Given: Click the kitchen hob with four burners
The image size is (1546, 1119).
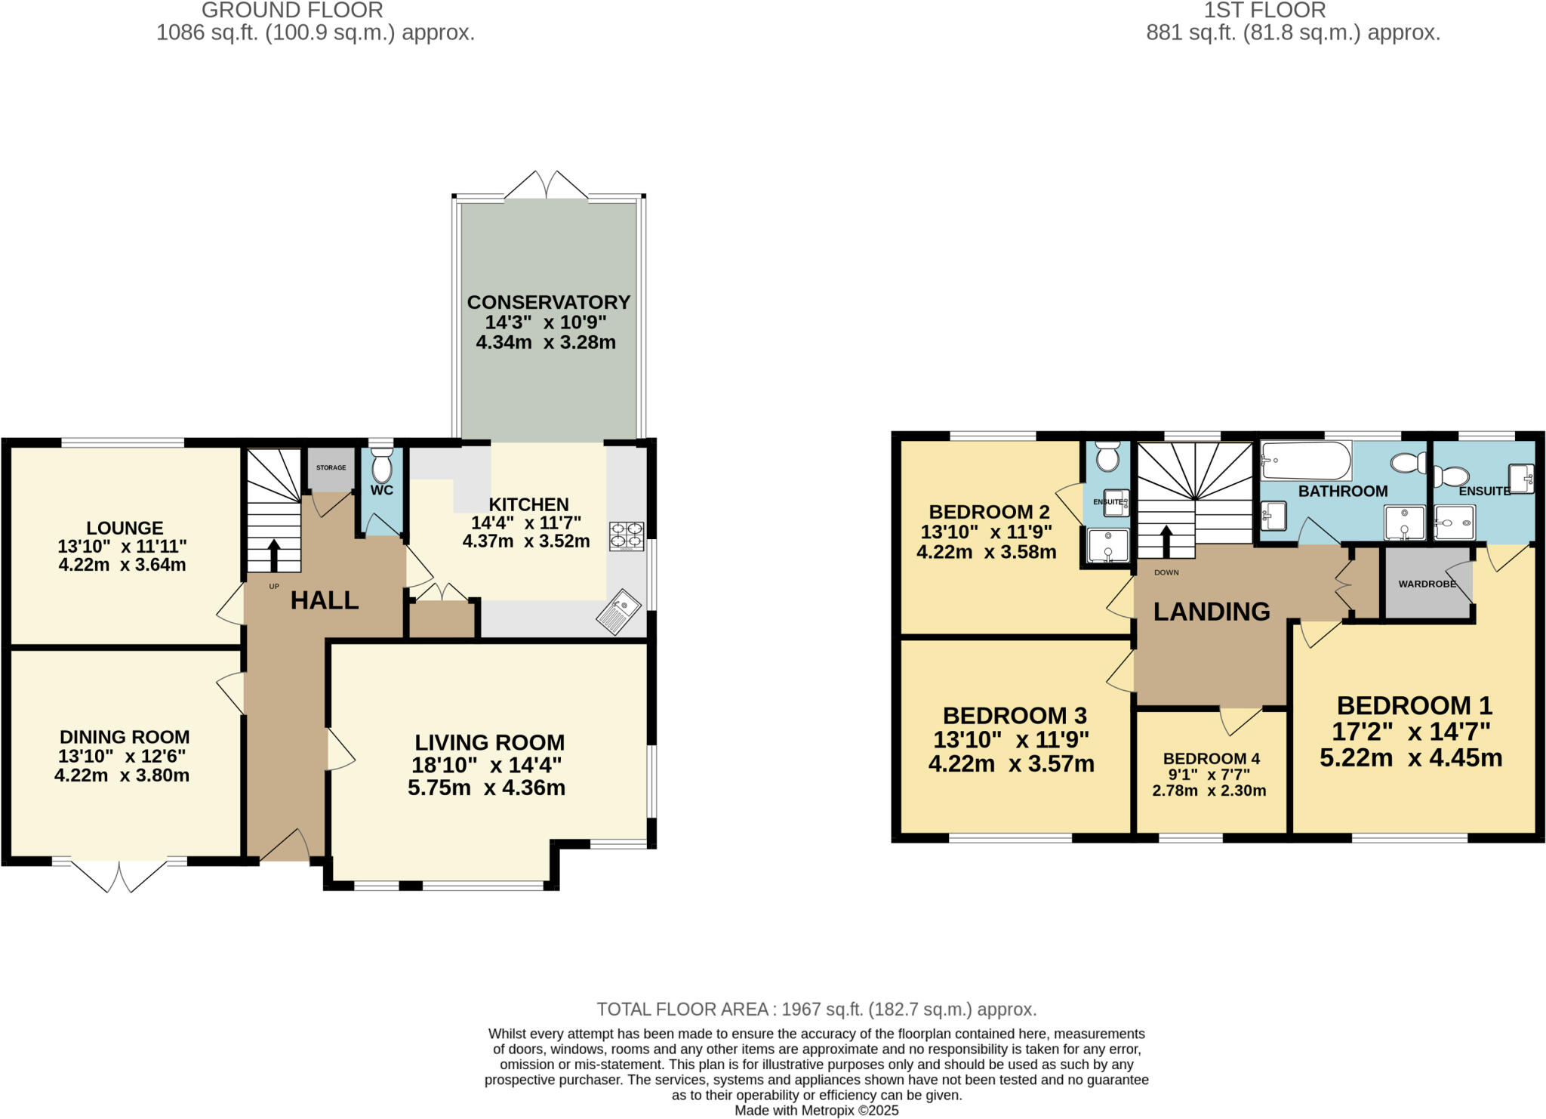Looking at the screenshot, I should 627,535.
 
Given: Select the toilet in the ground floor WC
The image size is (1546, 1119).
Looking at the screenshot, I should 382,466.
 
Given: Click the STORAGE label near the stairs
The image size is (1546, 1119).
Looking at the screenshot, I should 331,467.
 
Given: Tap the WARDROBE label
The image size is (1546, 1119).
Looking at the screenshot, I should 1427,584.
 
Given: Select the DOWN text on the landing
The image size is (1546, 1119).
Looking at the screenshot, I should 1166,572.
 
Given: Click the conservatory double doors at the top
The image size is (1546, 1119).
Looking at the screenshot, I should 546,186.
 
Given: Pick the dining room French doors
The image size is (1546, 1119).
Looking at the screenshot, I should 119,876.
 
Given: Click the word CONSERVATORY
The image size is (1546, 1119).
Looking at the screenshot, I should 548,302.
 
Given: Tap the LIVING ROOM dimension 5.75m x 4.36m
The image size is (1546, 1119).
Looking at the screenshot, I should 486,788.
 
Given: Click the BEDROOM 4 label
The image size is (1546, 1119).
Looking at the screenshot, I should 1211,758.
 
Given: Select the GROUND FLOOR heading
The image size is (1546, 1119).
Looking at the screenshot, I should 292,11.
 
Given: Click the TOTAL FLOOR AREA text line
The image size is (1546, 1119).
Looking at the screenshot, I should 816,1009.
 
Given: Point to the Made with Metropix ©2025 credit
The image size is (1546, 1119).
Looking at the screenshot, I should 816,1111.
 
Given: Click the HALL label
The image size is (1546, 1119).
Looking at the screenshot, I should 324,600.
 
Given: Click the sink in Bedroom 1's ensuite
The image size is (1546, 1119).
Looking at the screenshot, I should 1521,478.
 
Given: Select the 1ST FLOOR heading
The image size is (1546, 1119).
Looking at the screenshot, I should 1264,11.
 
